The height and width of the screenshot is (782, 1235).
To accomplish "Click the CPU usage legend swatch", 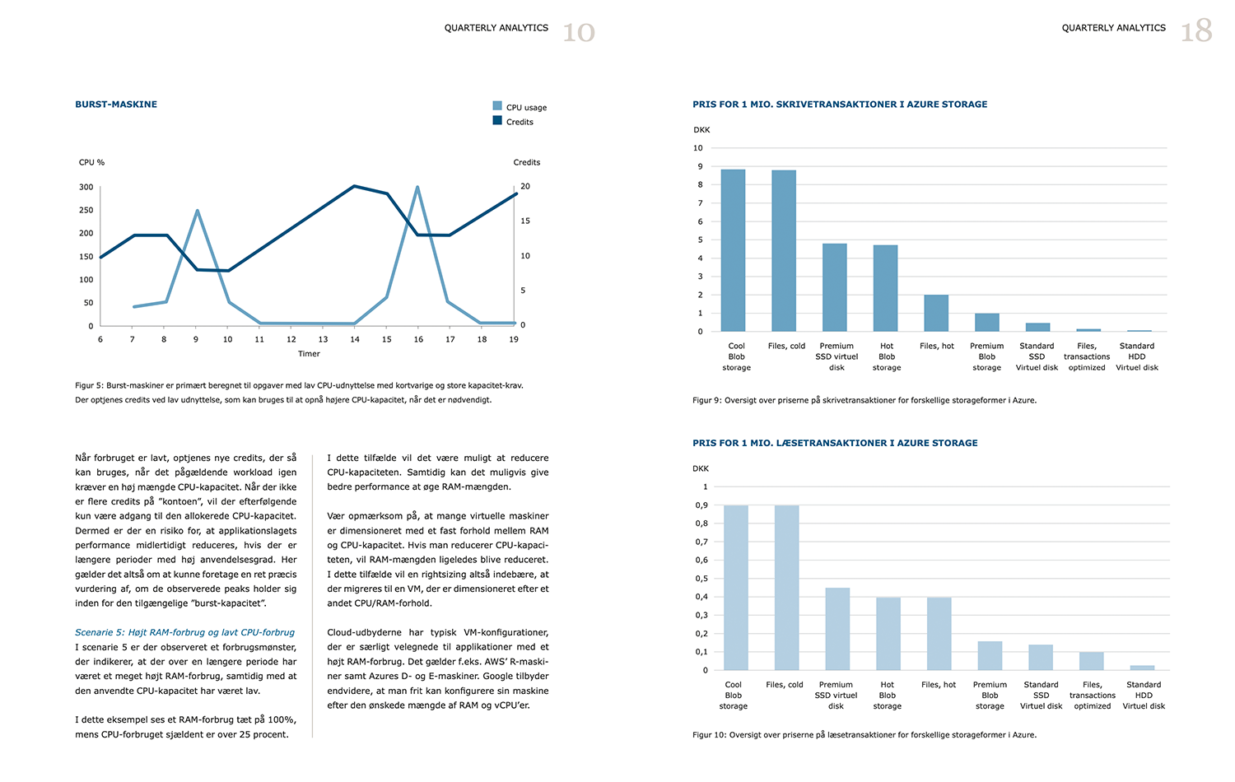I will pyautogui.click(x=497, y=106).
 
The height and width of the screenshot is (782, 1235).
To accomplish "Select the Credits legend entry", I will pyautogui.click(x=520, y=122).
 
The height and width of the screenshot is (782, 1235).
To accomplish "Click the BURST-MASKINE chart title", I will pyautogui.click(x=116, y=105).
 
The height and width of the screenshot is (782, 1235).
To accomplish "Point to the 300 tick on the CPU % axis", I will pyautogui.click(x=86, y=187).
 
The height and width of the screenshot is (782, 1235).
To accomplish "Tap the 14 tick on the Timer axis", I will pyautogui.click(x=355, y=339).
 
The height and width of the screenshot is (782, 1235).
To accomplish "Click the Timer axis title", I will pyautogui.click(x=309, y=354).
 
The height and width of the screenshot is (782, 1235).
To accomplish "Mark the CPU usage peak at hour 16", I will pyautogui.click(x=417, y=187).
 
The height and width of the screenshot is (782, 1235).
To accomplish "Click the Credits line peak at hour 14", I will pyautogui.click(x=354, y=186).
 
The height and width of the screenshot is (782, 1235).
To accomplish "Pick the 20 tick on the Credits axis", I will pyautogui.click(x=525, y=187).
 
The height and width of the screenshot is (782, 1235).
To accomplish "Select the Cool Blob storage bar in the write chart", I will pyautogui.click(x=733, y=250).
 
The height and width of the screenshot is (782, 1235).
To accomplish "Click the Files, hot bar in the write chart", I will pyautogui.click(x=936, y=313).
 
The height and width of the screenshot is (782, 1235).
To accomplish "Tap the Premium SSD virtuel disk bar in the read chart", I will pyautogui.click(x=837, y=629).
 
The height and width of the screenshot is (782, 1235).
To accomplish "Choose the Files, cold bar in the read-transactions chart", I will pyautogui.click(x=786, y=588).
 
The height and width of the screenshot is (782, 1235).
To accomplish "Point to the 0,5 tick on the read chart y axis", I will pyautogui.click(x=701, y=579).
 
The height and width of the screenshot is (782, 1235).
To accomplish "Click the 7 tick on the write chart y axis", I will pyautogui.click(x=700, y=203).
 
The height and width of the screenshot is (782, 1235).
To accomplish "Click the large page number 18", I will pyautogui.click(x=1196, y=32).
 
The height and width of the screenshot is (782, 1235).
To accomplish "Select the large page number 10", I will pyautogui.click(x=578, y=33).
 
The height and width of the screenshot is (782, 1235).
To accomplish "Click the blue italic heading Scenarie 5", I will pyautogui.click(x=184, y=632).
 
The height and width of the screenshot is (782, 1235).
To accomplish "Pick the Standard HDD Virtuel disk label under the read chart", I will pyautogui.click(x=1144, y=696).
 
